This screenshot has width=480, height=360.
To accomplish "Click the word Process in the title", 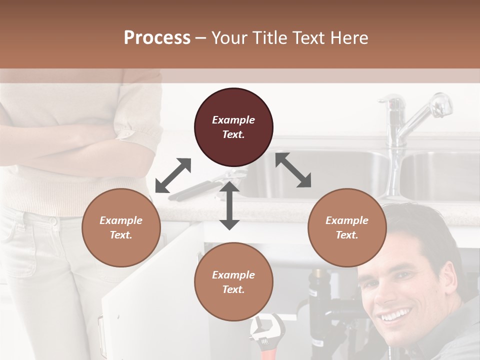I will (157, 38).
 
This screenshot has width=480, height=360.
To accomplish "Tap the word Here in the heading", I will (348, 38).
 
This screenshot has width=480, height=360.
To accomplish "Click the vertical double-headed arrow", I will (229, 205).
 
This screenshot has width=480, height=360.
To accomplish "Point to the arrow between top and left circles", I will (173, 175).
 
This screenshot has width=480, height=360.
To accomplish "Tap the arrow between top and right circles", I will (293, 170).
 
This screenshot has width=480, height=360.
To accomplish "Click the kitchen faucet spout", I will (430, 107).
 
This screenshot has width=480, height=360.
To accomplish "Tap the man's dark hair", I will (425, 225).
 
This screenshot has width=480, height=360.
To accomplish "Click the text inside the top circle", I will (233, 127).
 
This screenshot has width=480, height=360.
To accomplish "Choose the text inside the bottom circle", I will (233, 282).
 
